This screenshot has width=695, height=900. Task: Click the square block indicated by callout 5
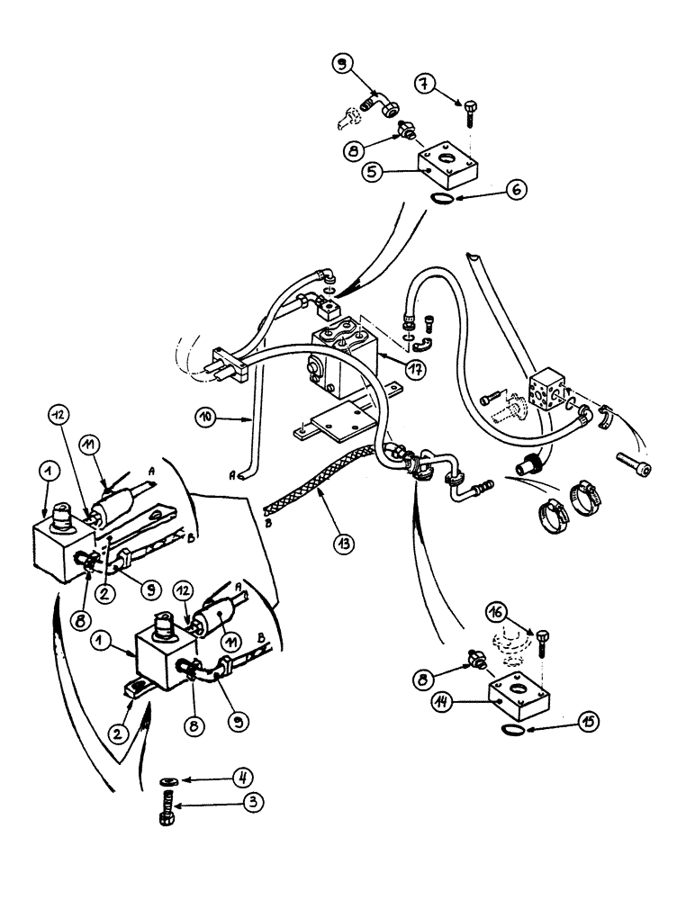(x=445, y=161)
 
